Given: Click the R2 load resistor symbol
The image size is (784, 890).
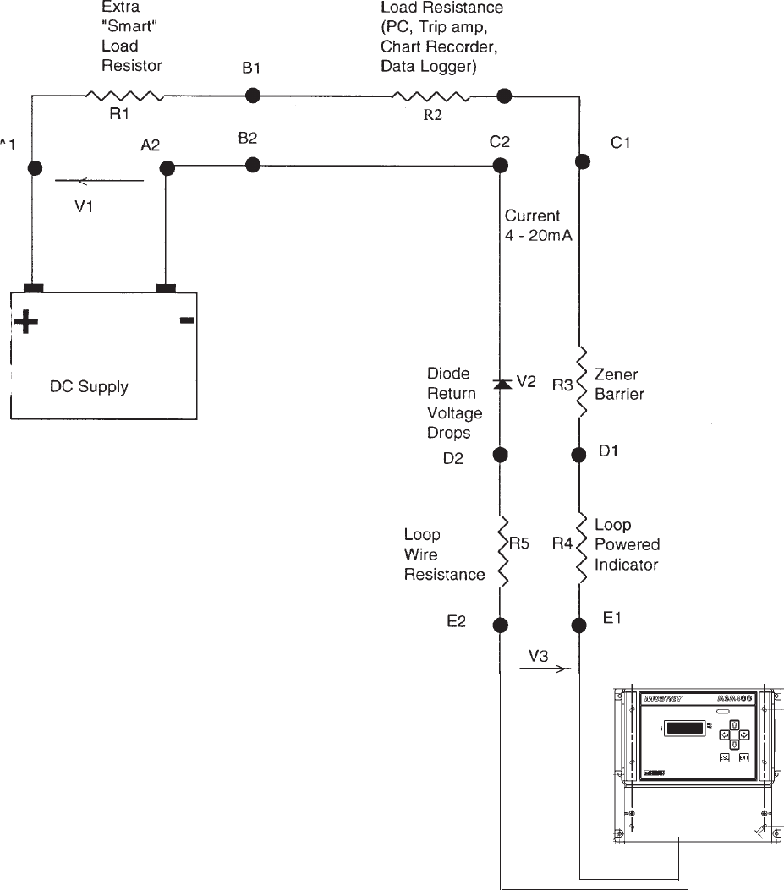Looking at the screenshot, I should coord(432,96).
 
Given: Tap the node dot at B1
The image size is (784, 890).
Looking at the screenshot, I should coord(251,96).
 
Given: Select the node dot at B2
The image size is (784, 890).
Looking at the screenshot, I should coord(251,164).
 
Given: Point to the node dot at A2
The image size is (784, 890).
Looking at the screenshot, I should coord(167,168).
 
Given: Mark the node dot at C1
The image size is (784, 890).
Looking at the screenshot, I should coord(580,161).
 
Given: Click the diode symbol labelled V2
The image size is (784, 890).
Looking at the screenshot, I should coord(501,384).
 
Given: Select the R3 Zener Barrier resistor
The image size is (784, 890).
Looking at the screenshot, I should coord(580,382).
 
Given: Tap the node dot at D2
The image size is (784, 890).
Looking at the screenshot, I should coord(500,455).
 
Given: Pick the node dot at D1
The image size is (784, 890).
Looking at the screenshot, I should coord(580,455).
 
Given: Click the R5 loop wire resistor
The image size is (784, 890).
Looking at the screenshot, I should coord(501,551).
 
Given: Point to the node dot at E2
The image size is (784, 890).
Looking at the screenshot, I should coord(500,625).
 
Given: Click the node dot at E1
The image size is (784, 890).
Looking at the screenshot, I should coord(580,625).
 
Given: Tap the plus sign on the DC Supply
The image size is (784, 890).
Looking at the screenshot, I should coord(25,322).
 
